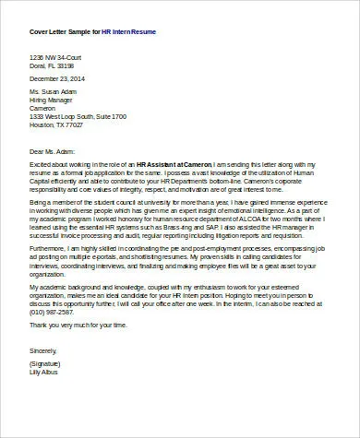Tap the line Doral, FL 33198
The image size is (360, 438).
click(52, 65)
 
